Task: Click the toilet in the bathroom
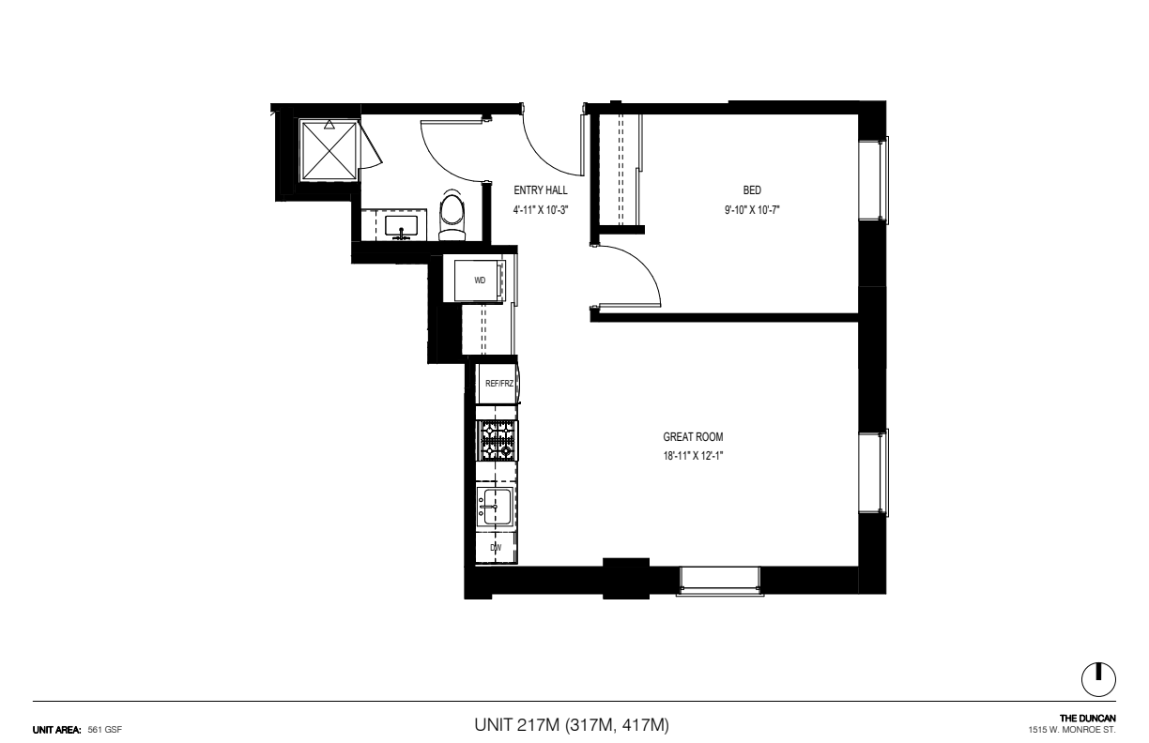pos(452,216)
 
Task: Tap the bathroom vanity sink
pos(401,226)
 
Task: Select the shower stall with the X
pos(329,150)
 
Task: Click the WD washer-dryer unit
pos(480,281)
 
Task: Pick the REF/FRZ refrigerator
pos(498,384)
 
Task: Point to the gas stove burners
pos(497,440)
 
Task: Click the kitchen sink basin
pos(495,507)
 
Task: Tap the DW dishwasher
pos(496,548)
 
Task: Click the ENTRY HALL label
pos(541,190)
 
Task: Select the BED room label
pos(752,190)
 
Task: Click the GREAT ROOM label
pos(693,437)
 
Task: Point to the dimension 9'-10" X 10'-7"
pos(752,210)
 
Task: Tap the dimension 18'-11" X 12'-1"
pos(693,456)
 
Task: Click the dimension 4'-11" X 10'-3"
pos(541,210)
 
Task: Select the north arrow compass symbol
pos(1098,679)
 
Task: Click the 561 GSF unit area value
pos(104,730)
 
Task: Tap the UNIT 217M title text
pos(516,725)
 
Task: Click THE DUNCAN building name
pos(1087,719)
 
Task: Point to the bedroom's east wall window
pos(874,179)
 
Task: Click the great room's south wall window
pos(720,581)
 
